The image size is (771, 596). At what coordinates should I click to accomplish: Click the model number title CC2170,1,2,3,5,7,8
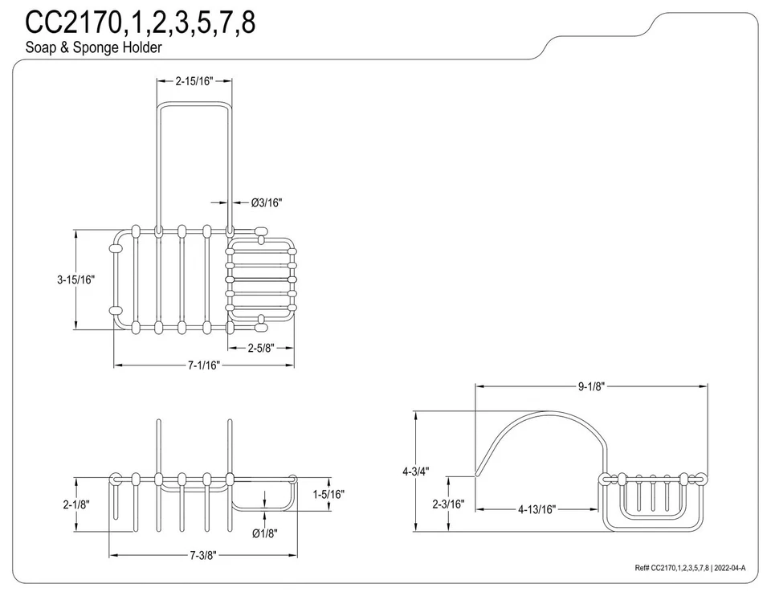tap(141, 22)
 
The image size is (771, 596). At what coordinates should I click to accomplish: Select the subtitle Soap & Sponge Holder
tap(93, 47)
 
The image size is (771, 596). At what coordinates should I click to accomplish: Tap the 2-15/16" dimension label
tap(195, 81)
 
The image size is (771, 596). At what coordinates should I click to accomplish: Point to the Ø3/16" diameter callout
tap(267, 203)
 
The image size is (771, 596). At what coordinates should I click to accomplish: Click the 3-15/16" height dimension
tap(75, 280)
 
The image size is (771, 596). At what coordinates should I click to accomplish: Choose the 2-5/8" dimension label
tap(262, 348)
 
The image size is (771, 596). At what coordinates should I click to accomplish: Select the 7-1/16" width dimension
tap(203, 365)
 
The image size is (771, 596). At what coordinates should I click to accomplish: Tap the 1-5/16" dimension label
tap(328, 495)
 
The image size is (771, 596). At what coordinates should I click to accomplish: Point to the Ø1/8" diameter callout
tap(265, 533)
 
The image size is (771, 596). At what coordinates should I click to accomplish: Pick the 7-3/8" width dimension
tap(202, 555)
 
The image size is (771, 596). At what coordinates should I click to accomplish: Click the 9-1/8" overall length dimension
tap(591, 386)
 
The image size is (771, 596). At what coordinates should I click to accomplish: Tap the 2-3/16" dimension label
tap(447, 504)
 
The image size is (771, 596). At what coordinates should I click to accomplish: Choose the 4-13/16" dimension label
tap(536, 509)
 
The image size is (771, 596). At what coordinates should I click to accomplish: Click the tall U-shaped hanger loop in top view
tap(195, 161)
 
